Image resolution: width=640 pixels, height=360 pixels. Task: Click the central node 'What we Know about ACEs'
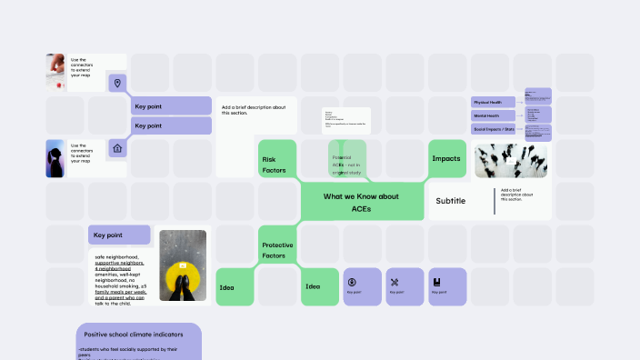pos(361,202)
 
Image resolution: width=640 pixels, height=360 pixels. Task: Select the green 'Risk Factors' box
pos(275,165)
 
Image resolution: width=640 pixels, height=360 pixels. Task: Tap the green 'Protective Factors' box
pos(277,250)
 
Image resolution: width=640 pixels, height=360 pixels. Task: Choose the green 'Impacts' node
pos(445,159)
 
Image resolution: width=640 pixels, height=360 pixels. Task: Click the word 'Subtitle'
pos(450,201)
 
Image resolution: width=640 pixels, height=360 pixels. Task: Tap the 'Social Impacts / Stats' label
pos(493,130)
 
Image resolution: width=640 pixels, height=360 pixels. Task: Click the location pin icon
pos(116,84)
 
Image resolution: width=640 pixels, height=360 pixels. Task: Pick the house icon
pos(116,148)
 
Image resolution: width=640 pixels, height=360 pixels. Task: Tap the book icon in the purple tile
pos(436,282)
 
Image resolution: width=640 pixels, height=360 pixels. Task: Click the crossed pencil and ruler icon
pos(394,282)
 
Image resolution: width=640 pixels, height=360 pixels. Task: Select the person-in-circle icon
pos(351,282)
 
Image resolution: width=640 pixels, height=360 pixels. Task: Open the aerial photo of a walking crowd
pos(511,160)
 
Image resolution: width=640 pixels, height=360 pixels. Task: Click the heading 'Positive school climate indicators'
pos(134,335)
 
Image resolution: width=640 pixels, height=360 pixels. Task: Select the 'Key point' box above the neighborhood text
pos(119,235)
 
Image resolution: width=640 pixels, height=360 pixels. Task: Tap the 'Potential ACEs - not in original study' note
pos(346,164)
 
